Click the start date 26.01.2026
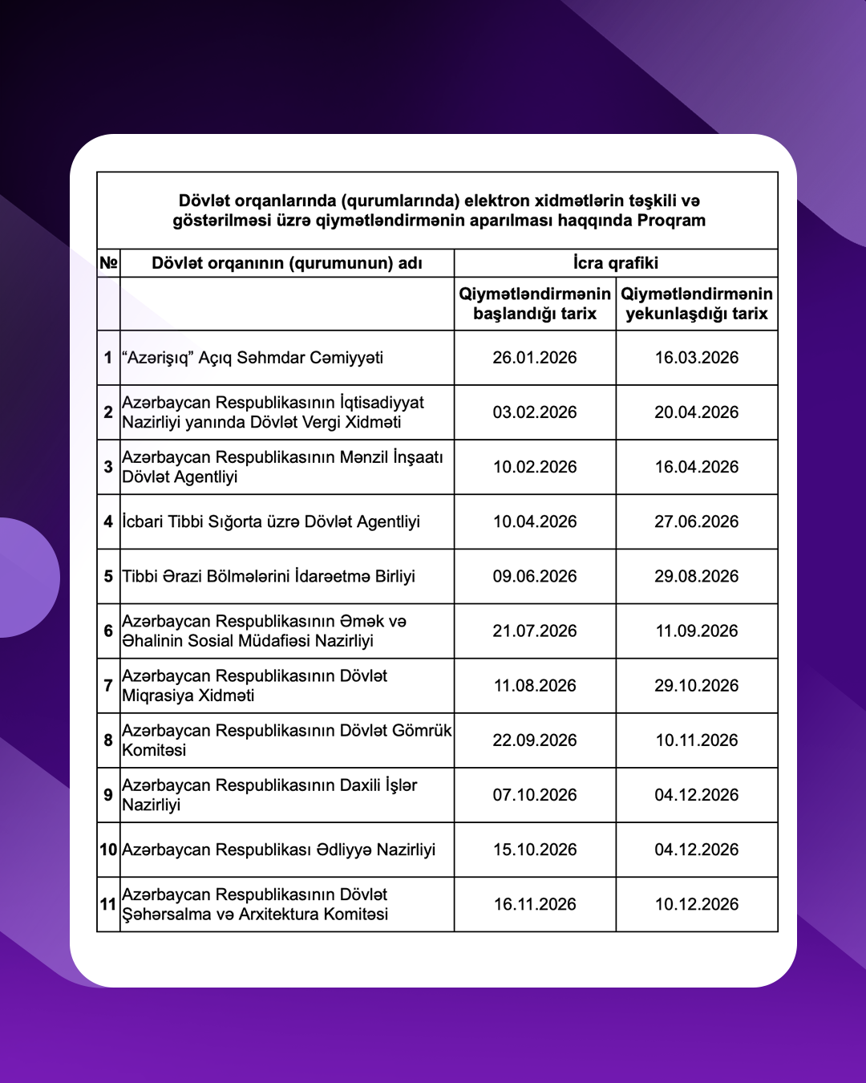coord(534,358)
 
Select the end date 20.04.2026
coord(696,412)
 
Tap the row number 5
coord(108,576)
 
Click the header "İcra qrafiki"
coord(615,263)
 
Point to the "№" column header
coord(108,263)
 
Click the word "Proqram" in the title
coord(671,221)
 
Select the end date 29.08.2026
coord(696,576)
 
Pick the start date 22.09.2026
coord(534,740)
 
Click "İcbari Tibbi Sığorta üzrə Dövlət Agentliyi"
coord(271,521)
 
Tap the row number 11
coord(108,904)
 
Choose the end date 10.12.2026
coord(696,904)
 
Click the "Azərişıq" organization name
coord(253,358)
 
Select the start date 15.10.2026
coord(534,850)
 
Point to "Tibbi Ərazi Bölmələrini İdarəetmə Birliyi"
coord(269,576)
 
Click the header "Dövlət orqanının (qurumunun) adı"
coord(286,263)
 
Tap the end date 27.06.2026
coord(696,521)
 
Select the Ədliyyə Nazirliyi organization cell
coord(278,850)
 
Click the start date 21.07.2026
coord(534,631)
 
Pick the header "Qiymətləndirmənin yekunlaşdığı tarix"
coord(696,304)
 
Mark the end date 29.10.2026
coord(696,686)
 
